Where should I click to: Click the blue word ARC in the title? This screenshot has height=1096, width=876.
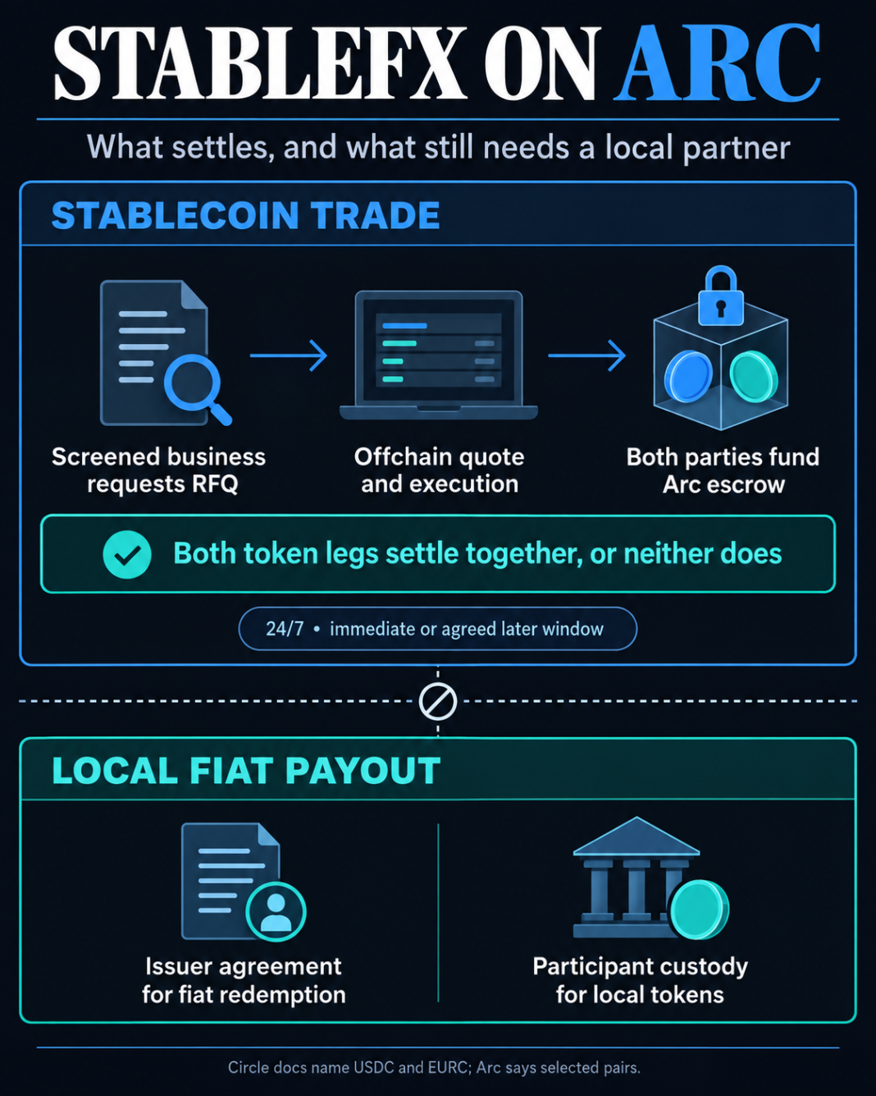pos(718,62)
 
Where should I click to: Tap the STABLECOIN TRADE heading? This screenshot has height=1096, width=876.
pos(245,215)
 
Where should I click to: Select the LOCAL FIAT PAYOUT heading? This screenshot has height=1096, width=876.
pos(246,771)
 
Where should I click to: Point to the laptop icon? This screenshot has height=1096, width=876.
pos(438,355)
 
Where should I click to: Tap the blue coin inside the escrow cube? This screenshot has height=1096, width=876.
pos(688,378)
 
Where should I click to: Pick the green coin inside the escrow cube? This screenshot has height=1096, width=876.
pos(754,378)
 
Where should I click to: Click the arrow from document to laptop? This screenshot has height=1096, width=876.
pos(288,355)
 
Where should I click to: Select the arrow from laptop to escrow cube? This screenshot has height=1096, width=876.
pos(586,355)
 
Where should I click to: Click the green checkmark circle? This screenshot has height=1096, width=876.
pos(127,555)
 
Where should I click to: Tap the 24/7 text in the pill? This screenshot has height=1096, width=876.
pos(285,629)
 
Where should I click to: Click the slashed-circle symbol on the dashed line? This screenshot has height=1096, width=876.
pos(438,702)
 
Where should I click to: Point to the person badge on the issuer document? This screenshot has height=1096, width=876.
pos(276,911)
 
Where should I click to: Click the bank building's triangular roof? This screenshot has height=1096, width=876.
pos(636,837)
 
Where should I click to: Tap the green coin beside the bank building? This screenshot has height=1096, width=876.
pos(700,910)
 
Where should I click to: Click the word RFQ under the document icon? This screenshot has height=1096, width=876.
pos(214,484)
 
